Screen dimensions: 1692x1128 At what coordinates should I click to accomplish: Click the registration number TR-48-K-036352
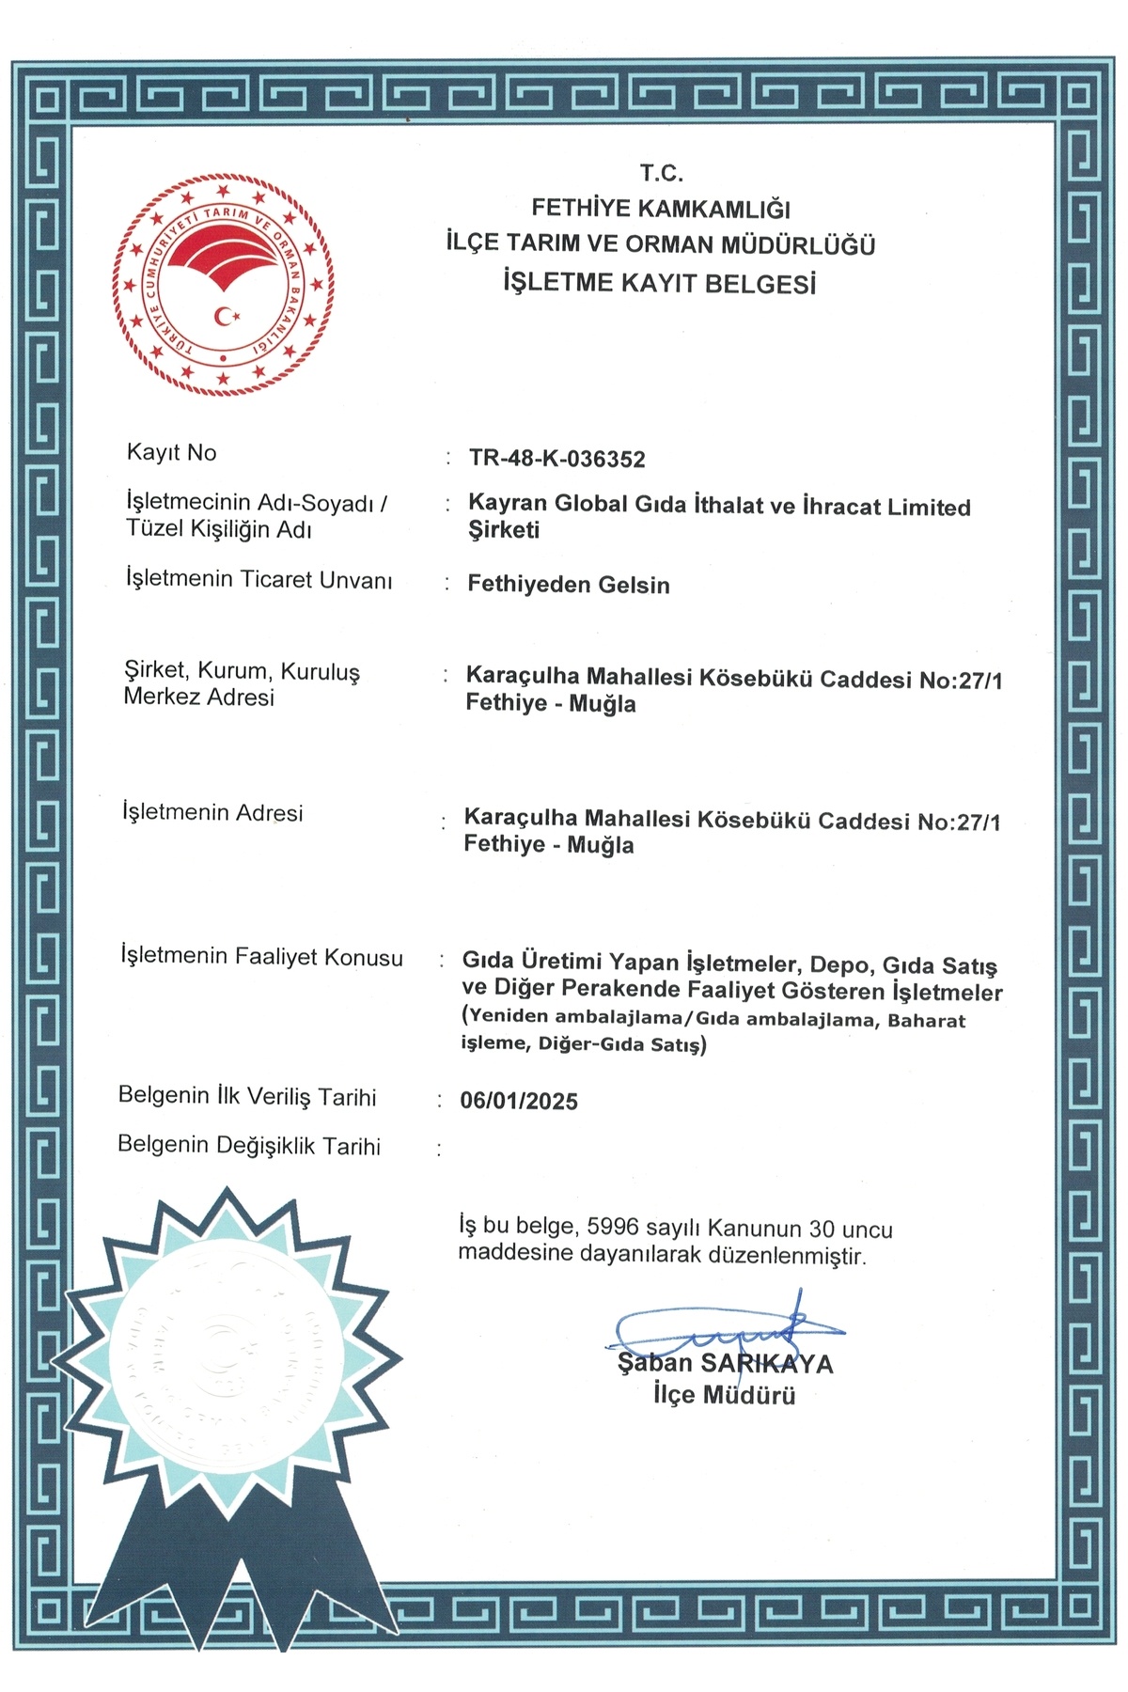pyautogui.click(x=557, y=459)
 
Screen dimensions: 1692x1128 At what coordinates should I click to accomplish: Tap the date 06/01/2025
pyautogui.click(x=519, y=1101)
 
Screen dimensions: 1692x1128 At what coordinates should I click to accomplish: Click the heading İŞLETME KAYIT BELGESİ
pyautogui.click(x=660, y=282)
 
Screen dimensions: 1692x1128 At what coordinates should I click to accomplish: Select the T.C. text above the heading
pyautogui.click(x=662, y=173)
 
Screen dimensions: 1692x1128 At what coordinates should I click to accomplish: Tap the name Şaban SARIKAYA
pyautogui.click(x=725, y=1364)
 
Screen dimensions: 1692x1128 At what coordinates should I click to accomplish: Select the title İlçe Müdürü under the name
pyautogui.click(x=725, y=1395)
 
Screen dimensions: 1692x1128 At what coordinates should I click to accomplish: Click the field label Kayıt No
pyautogui.click(x=172, y=452)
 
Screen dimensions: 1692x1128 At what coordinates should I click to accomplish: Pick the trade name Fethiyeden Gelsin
pyautogui.click(x=569, y=585)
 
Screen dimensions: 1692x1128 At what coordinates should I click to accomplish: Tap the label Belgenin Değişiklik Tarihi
pyautogui.click(x=249, y=1146)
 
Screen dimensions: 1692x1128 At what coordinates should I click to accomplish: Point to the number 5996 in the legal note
pyautogui.click(x=613, y=1227)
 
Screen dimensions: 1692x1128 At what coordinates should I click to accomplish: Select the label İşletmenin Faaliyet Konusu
pyautogui.click(x=261, y=957)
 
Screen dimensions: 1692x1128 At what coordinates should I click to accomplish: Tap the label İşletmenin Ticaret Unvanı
pyautogui.click(x=258, y=579)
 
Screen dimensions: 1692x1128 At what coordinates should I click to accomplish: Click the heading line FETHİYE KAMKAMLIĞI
pyautogui.click(x=661, y=209)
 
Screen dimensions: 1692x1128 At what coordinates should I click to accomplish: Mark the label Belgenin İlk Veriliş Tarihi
pyautogui.click(x=247, y=1096)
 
